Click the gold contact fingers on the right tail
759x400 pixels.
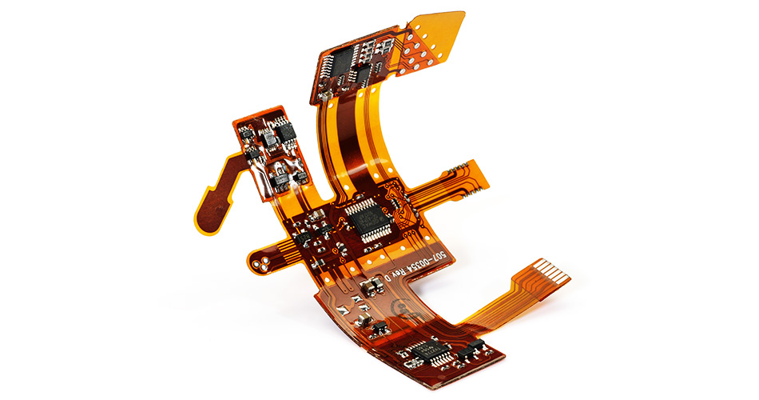click(554, 271)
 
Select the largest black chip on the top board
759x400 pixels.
click(344, 61)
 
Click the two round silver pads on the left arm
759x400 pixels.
click(262, 261)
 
